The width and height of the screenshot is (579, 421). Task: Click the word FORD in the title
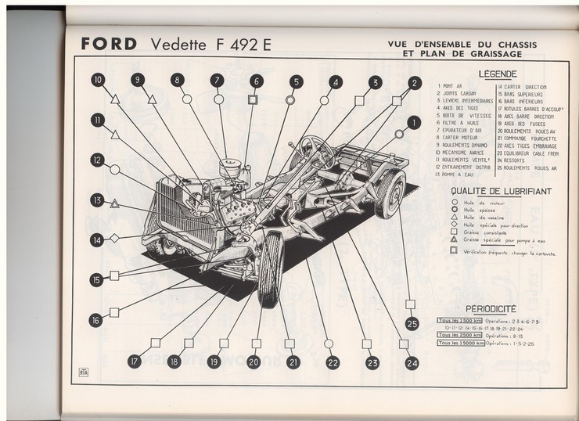point(110,45)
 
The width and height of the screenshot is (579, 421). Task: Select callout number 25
point(412,322)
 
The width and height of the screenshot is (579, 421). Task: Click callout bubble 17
point(135,362)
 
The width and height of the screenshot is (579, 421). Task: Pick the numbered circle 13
point(97,200)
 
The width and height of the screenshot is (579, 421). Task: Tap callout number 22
point(333,362)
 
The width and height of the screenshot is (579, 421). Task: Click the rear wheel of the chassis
point(389,193)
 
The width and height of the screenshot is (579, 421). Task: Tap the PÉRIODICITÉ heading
point(491,308)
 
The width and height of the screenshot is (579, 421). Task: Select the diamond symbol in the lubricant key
point(455,224)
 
